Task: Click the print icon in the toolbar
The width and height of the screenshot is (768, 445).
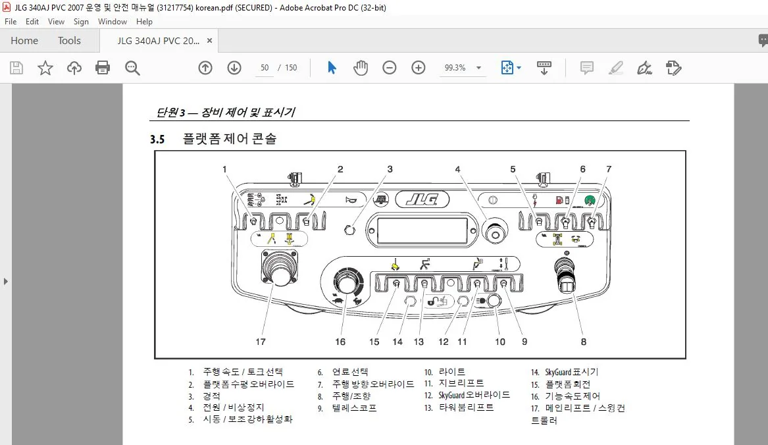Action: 103,68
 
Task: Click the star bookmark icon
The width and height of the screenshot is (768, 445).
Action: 45,68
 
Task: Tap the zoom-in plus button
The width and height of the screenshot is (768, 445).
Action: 419,68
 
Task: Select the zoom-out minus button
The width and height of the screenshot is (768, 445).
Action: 390,68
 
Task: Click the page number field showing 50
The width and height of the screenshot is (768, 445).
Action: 265,68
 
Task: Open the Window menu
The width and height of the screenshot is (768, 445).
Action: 112,22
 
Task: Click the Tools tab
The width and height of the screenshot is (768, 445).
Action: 69,41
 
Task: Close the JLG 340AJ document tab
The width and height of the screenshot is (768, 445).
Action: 210,41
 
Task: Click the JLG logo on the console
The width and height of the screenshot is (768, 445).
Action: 422,199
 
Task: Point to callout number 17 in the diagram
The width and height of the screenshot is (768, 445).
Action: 261,342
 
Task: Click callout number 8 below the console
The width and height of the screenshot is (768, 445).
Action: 583,342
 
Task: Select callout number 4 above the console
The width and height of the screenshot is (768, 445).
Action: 457,169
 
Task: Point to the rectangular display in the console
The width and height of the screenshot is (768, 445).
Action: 422,230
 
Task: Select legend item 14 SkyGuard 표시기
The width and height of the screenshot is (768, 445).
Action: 565,372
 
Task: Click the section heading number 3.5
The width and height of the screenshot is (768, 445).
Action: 157,139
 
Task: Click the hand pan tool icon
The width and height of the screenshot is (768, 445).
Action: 361,68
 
